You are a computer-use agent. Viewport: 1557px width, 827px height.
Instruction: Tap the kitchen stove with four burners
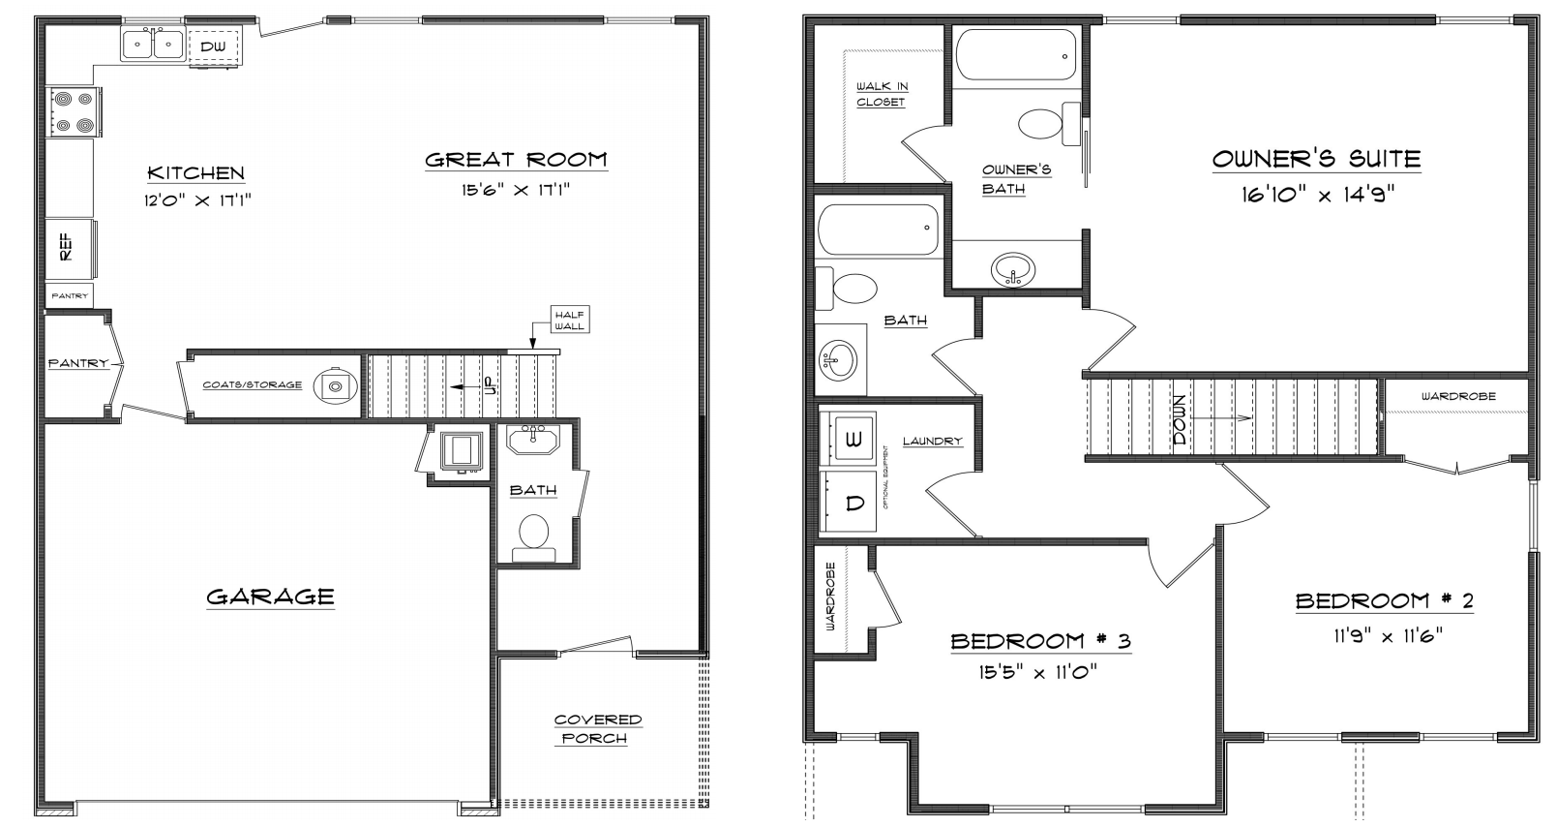coord(74,112)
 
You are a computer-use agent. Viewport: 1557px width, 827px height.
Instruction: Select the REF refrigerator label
coord(66,247)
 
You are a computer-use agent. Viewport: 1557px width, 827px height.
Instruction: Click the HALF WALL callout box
coord(570,320)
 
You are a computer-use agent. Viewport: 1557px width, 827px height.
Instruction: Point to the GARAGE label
coord(270,597)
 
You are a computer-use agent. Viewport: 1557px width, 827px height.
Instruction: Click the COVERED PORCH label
coord(598,729)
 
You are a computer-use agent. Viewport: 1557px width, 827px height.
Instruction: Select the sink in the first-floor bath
coord(533,439)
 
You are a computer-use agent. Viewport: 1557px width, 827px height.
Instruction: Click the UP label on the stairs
coord(489,386)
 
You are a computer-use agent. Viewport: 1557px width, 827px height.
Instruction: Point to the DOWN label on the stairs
coord(1180,419)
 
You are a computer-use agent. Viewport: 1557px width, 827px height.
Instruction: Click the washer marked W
coord(848,438)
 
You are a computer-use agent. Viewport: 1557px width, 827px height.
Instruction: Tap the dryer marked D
coord(848,502)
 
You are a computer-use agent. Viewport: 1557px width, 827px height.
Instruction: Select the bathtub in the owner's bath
coord(1016,55)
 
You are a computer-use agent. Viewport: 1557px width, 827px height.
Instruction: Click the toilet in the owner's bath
coord(1050,124)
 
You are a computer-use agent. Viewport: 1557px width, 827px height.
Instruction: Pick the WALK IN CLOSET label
coord(882,94)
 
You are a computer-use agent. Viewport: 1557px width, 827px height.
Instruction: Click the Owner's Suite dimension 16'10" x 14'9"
coord(1318,194)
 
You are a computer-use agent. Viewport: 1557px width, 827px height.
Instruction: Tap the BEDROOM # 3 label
coord(1040,641)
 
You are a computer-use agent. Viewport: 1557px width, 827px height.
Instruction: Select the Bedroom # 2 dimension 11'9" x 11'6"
coord(1388,635)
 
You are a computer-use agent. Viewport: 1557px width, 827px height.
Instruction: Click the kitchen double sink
coord(153,45)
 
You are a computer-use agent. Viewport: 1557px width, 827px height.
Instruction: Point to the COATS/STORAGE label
coord(253,384)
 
